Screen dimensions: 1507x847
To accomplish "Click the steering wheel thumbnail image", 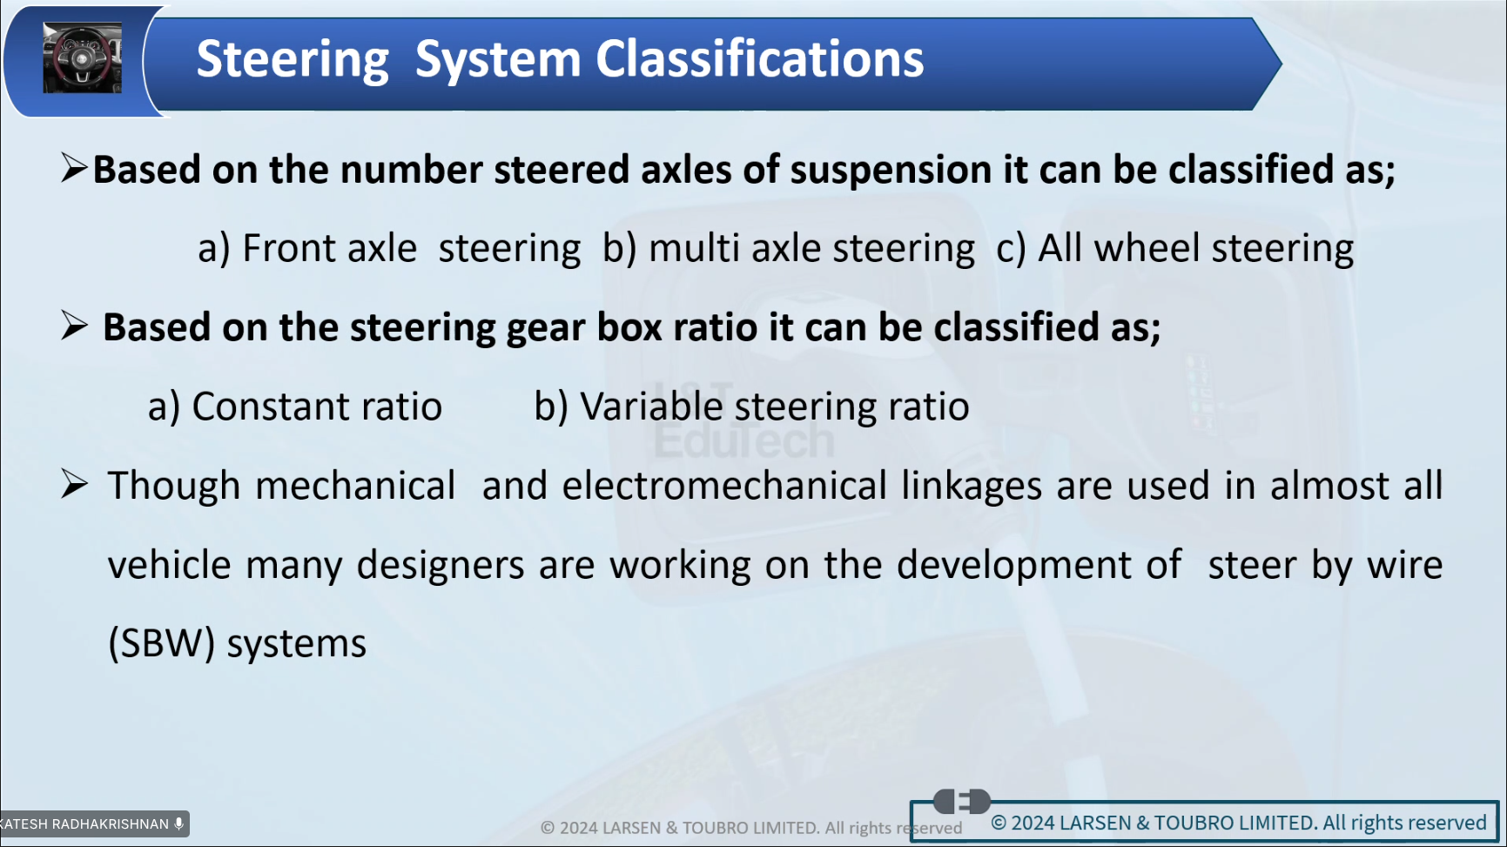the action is (x=83, y=58).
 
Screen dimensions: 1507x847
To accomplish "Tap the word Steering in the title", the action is (x=293, y=61).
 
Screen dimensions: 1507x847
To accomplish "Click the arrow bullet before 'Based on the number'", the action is (x=75, y=167).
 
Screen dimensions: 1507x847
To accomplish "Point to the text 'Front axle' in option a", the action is (x=330, y=248).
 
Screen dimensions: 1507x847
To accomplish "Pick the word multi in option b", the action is (x=694, y=248).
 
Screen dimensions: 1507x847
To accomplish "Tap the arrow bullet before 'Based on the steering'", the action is (x=75, y=326).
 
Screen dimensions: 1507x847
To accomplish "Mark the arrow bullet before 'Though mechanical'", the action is (x=75, y=484).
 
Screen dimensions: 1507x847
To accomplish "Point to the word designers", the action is (x=441, y=566).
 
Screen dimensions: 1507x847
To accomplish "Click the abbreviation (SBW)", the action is (x=162, y=644).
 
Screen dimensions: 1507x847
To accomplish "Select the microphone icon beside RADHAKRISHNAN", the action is (x=179, y=823).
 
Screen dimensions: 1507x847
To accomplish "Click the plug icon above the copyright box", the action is (x=962, y=801).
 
